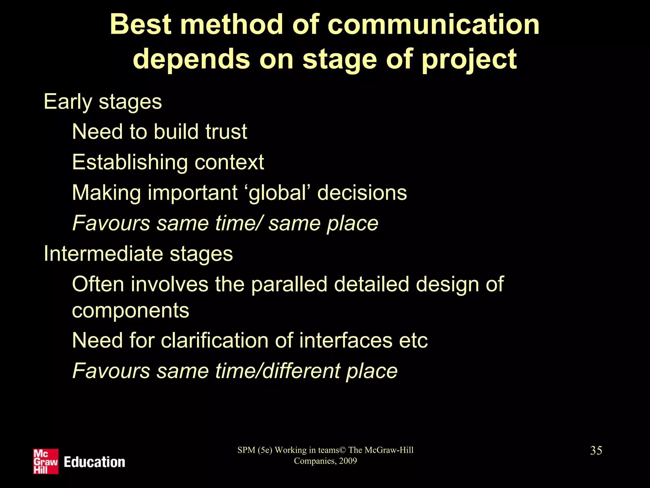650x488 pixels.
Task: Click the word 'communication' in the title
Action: (433, 25)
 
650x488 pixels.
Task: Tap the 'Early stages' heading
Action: (103, 102)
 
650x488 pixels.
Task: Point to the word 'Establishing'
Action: (129, 162)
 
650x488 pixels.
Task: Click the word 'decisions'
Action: (362, 193)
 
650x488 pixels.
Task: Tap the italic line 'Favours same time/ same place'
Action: (225, 223)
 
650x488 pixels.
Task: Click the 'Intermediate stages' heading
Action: (138, 254)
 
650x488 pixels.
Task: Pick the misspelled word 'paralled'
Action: (289, 284)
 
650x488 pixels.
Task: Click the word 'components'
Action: (130, 310)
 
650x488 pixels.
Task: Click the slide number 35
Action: (596, 451)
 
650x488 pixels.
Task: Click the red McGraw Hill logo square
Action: (46, 461)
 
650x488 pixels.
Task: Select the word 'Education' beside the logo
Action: (95, 462)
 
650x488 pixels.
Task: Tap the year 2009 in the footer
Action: (348, 461)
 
